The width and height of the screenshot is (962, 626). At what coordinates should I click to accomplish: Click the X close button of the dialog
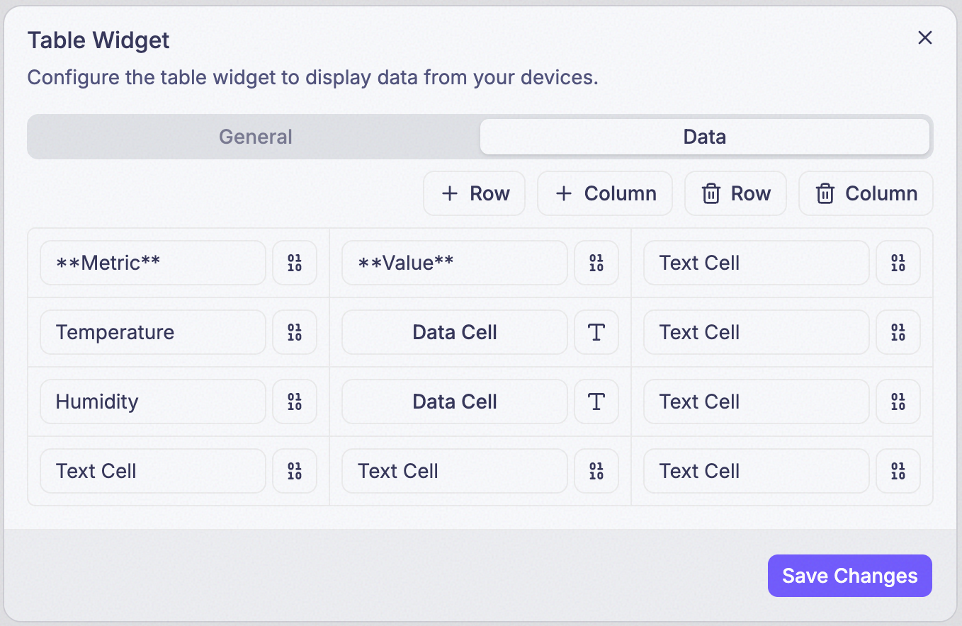tap(924, 38)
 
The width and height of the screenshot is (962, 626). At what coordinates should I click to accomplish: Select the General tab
tap(255, 137)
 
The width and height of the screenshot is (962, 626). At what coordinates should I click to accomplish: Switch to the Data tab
tap(704, 137)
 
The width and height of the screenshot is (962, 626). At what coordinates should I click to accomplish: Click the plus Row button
tap(474, 193)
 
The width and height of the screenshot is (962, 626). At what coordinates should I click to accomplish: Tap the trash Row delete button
tap(735, 193)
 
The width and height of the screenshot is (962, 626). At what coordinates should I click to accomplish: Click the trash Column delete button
tap(866, 193)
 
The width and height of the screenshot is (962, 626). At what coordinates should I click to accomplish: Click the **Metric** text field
tap(153, 263)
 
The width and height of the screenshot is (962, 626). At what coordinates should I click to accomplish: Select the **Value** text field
tap(454, 263)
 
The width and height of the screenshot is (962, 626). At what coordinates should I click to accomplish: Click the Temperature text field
tap(153, 332)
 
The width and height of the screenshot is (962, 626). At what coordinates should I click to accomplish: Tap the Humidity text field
tap(153, 402)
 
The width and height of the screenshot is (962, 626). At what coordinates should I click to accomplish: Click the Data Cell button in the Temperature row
tap(454, 332)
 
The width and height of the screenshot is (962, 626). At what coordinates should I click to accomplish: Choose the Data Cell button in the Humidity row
tap(454, 402)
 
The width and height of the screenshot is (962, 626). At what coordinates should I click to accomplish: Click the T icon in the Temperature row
tap(596, 332)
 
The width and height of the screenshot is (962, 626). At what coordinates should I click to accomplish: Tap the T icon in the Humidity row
tap(596, 402)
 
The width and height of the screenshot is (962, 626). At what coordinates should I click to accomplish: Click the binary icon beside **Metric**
tap(295, 263)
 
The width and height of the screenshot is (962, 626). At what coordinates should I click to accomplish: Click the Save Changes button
tap(850, 576)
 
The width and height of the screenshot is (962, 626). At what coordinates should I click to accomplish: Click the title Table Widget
tap(98, 40)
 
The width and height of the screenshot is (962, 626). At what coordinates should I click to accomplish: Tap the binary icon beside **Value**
tap(596, 263)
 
